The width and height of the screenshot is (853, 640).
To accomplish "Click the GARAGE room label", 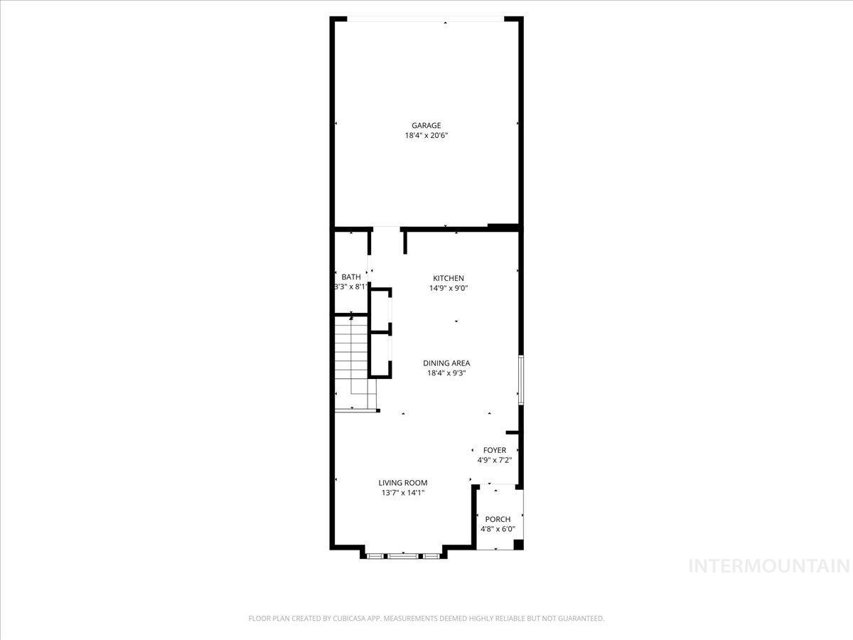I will pos(426,126).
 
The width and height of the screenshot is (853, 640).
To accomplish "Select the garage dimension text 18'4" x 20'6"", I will pos(426,135).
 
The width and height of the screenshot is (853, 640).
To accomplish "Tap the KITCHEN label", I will pos(449,278).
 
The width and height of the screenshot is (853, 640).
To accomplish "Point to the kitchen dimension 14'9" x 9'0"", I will pos(449,288).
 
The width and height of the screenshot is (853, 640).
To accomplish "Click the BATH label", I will pos(350,277).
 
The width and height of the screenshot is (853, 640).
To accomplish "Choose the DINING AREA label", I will pos(446,363).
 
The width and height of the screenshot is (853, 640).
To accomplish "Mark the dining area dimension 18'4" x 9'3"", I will pos(446,373).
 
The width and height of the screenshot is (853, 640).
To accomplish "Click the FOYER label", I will pos(495,450).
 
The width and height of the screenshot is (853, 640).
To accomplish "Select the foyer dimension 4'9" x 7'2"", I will pos(495,460).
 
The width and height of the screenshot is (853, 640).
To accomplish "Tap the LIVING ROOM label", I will pos(403,483).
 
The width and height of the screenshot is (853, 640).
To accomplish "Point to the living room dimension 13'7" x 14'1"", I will pos(403,493).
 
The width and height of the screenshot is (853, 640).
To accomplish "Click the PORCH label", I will pos(498,519).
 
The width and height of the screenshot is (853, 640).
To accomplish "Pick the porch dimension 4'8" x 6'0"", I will pos(498,529).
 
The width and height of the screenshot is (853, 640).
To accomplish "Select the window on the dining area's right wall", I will pos(521,380).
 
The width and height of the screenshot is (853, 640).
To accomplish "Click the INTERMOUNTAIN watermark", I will pos(770,566).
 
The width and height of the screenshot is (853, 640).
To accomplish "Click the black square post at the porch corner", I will pos(518,545).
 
